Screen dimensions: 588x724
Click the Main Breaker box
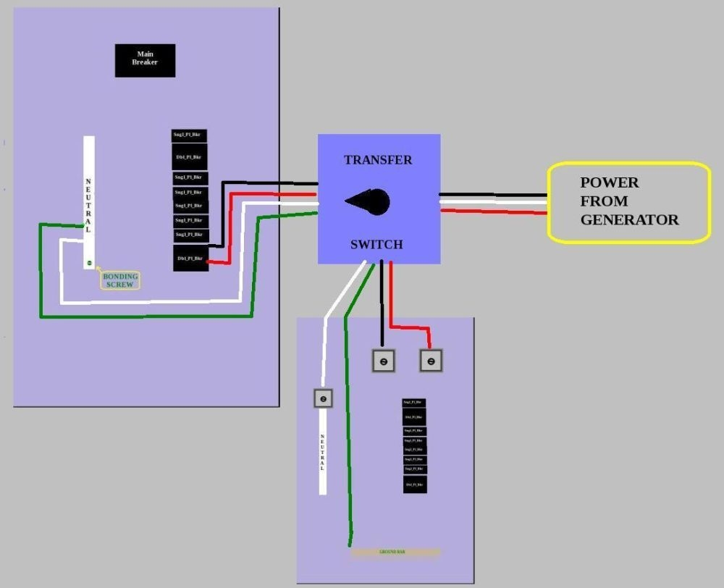coord(145,60)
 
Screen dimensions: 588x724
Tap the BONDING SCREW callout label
coord(120,281)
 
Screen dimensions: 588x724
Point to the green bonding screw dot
coord(89,262)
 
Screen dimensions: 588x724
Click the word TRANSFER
coord(378,160)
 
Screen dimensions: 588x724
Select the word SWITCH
coord(376,245)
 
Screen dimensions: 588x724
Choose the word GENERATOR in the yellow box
coord(630,220)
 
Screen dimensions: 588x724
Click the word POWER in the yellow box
coord(610,182)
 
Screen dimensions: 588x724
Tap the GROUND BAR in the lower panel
coord(395,552)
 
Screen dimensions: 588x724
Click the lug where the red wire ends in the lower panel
coord(431,361)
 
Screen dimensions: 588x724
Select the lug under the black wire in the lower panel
coord(384,361)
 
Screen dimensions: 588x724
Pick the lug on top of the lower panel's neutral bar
coord(323,398)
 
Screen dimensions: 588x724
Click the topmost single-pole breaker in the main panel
coord(190,135)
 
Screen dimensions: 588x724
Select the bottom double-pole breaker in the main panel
coord(190,258)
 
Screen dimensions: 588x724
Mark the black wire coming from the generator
coord(492,195)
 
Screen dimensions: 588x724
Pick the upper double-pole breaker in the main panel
coord(190,156)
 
